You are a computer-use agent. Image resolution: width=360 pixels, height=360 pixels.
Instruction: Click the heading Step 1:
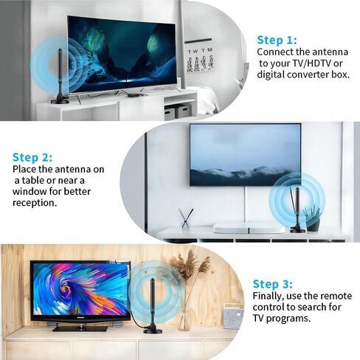tap(277, 40)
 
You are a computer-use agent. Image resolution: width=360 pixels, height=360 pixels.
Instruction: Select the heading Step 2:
tap(32, 157)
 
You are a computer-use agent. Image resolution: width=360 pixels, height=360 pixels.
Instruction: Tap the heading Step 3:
tap(273, 284)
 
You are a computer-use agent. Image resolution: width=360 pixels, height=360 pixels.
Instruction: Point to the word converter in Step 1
tap(309, 75)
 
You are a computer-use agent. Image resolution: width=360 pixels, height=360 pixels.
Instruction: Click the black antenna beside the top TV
tap(62, 77)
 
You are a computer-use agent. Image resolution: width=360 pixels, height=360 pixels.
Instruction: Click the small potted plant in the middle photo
tap(313, 218)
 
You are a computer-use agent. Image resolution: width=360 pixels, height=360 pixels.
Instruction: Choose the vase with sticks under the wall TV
tap(185, 219)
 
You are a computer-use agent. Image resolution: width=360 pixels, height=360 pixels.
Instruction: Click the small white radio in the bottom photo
tap(232, 316)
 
